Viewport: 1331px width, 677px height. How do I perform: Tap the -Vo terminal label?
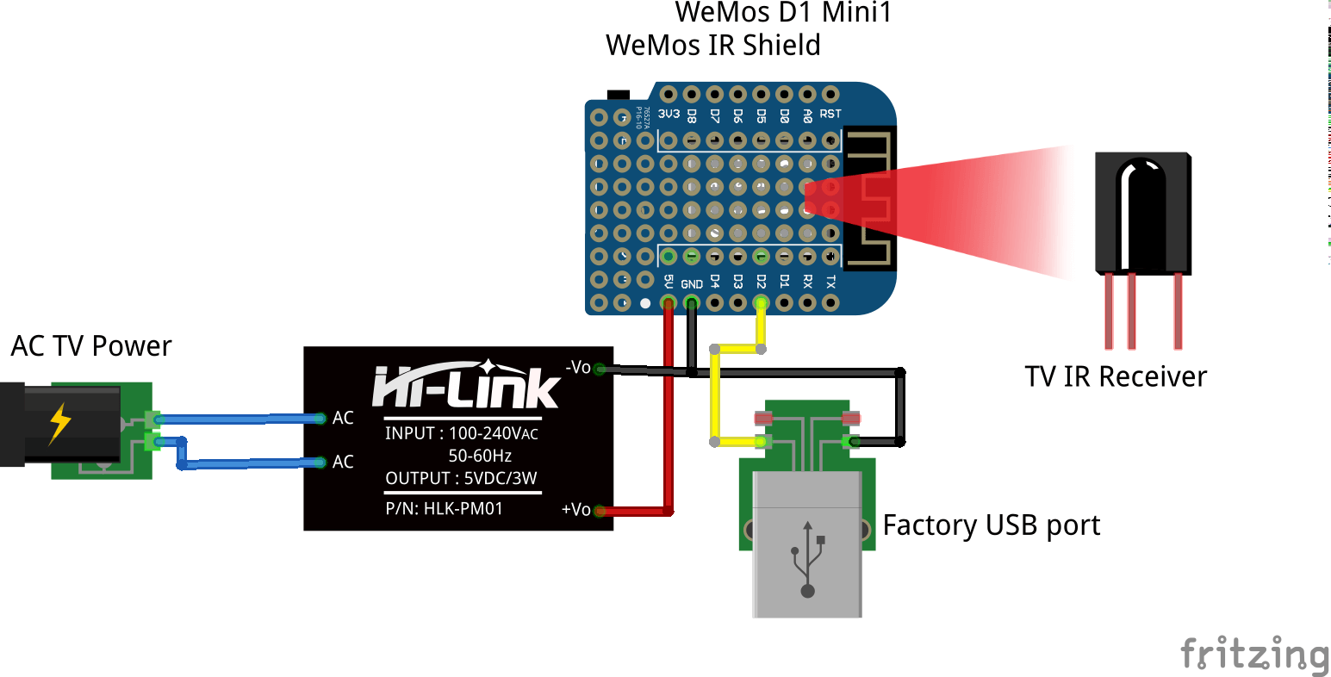[578, 368]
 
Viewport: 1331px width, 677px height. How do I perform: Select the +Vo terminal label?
[575, 510]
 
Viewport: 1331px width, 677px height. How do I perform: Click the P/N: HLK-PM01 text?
[444, 508]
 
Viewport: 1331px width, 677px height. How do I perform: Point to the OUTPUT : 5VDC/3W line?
[461, 478]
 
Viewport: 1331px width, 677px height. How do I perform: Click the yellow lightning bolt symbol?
[59, 423]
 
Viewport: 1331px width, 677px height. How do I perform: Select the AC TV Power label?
[91, 346]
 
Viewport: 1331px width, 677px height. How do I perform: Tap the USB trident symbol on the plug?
[807, 559]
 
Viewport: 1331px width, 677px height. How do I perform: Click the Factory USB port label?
[992, 525]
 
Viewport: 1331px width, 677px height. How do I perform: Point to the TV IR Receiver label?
[1116, 376]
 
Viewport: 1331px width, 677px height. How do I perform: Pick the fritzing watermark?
[1254, 654]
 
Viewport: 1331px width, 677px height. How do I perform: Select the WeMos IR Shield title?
[713, 45]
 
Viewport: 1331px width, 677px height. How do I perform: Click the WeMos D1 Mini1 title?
[783, 13]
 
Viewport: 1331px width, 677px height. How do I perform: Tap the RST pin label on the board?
[830, 114]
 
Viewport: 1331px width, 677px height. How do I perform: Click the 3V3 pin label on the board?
[669, 114]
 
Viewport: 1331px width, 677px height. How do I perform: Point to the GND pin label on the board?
[692, 284]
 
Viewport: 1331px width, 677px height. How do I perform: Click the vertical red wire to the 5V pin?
[669, 405]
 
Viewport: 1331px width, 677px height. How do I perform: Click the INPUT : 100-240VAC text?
[461, 433]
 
